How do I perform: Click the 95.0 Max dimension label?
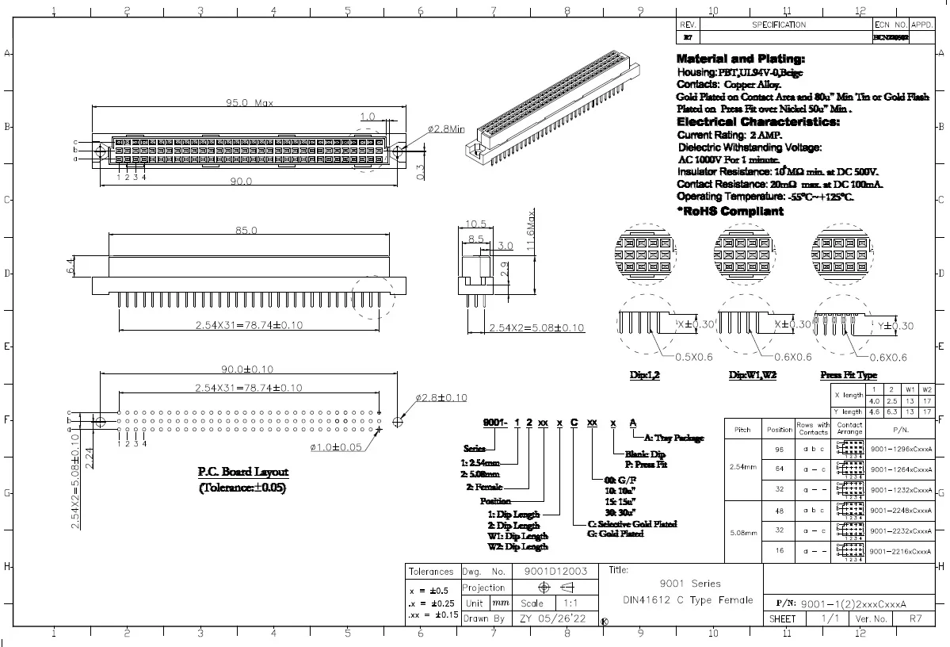tap(250, 102)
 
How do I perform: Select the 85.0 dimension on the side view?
tap(246, 231)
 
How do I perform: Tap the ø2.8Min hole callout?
tap(446, 128)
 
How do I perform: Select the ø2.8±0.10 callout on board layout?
tap(441, 397)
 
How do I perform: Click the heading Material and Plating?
tap(741, 59)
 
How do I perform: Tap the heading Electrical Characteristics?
tap(757, 122)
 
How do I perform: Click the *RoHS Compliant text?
tap(730, 211)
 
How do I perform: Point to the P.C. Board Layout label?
tap(242, 472)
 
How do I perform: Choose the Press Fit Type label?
tap(849, 375)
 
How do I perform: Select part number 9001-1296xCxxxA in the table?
tap(900, 448)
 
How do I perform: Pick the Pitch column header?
tap(743, 429)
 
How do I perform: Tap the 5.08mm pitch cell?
tap(743, 531)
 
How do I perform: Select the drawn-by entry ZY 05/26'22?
tap(553, 618)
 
